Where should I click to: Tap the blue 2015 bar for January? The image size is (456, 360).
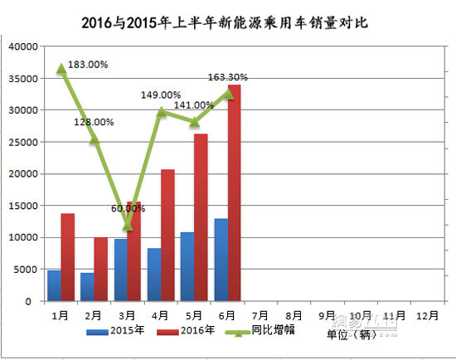tap(54, 285)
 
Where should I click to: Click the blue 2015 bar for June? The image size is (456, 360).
tap(221, 260)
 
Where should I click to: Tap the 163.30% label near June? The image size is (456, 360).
tap(227, 77)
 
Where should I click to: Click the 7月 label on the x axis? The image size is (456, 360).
tap(260, 316)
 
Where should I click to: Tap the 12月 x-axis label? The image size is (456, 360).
tap(428, 316)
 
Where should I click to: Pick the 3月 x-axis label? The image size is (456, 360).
tap(127, 316)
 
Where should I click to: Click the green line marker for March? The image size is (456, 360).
tap(127, 225)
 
